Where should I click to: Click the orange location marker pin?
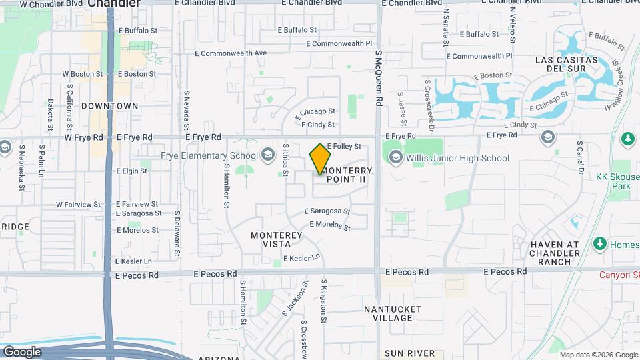click(x=321, y=159)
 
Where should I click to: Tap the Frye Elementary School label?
click(x=209, y=156)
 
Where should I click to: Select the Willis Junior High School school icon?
click(x=395, y=157)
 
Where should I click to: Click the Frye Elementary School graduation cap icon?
click(x=268, y=155)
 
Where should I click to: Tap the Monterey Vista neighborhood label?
click(x=277, y=240)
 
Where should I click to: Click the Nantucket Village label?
click(x=393, y=313)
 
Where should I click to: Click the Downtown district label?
click(x=110, y=106)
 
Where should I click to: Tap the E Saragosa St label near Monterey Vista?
click(x=327, y=211)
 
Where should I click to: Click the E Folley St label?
click(x=344, y=146)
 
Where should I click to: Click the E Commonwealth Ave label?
click(x=230, y=53)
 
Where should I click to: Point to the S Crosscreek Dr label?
click(x=429, y=104)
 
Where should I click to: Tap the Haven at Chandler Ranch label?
click(x=555, y=253)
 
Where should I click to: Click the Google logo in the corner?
click(x=22, y=351)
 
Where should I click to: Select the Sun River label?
click(x=409, y=353)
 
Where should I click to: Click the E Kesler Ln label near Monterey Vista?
click(x=302, y=258)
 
